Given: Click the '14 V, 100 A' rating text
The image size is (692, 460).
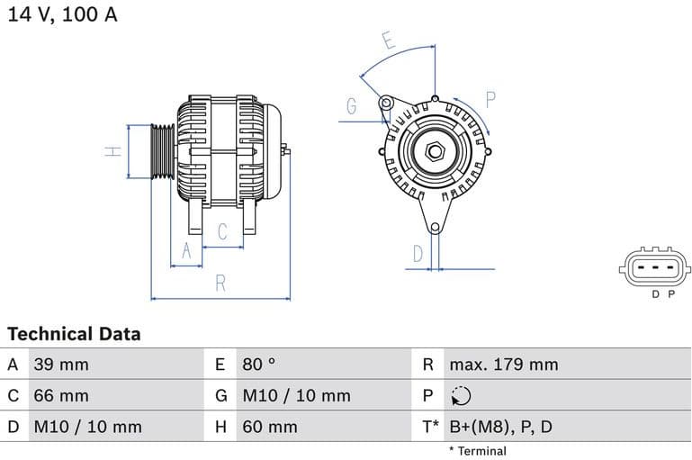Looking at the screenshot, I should coord(63,15).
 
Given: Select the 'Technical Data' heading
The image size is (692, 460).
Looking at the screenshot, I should coord(74,334).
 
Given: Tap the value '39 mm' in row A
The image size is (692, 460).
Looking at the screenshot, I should coord(61,365).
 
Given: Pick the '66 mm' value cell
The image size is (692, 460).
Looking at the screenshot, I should coord(61,395).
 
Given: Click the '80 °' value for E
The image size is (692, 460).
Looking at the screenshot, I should coord(259,365).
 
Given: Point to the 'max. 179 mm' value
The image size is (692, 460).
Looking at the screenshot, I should coord(504,365).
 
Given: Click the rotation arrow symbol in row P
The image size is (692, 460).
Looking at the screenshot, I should coord(460,396).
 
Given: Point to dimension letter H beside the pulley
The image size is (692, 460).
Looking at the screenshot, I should coord(112,151).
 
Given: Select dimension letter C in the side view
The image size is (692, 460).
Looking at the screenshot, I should coord(223,232).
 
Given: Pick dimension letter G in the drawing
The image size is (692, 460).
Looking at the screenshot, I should coord(352,107).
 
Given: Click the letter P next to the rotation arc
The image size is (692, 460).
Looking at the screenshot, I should coord(491,99).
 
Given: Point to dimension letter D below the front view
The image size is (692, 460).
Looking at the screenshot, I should coord(418,255).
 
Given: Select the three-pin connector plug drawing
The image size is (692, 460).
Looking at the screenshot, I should coord(655,266).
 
